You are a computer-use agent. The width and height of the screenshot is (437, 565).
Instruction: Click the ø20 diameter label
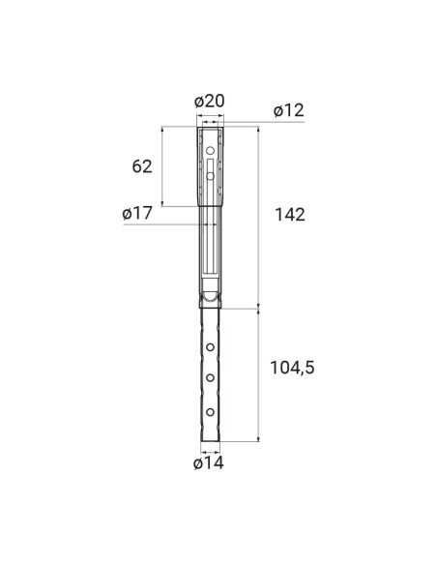pyautogui.click(x=210, y=102)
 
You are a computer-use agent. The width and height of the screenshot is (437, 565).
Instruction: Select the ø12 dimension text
pyautogui.click(x=288, y=110)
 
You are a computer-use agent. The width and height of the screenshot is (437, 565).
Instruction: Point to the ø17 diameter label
pyautogui.click(x=138, y=214)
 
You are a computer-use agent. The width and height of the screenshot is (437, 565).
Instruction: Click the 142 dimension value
pyautogui.click(x=288, y=215)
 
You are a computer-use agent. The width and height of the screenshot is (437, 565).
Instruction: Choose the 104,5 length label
pyautogui.click(x=293, y=368)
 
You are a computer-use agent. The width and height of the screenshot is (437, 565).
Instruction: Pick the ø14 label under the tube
pyautogui.click(x=209, y=463)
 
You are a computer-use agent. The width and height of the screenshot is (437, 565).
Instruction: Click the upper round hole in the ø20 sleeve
pyautogui.click(x=211, y=151)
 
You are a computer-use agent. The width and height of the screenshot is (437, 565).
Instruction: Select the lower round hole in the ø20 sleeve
pyautogui.click(x=211, y=175)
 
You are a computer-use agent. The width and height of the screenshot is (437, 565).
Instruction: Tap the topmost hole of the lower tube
pyautogui.click(x=210, y=345)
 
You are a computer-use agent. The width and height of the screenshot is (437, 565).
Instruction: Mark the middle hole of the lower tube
pyautogui.click(x=210, y=378)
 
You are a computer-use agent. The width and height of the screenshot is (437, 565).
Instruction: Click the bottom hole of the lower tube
pyautogui.click(x=210, y=412)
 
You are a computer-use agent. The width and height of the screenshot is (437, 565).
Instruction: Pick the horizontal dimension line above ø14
pyautogui.click(x=210, y=449)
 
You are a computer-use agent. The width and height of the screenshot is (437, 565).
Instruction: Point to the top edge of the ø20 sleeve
pyautogui.click(x=210, y=127)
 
